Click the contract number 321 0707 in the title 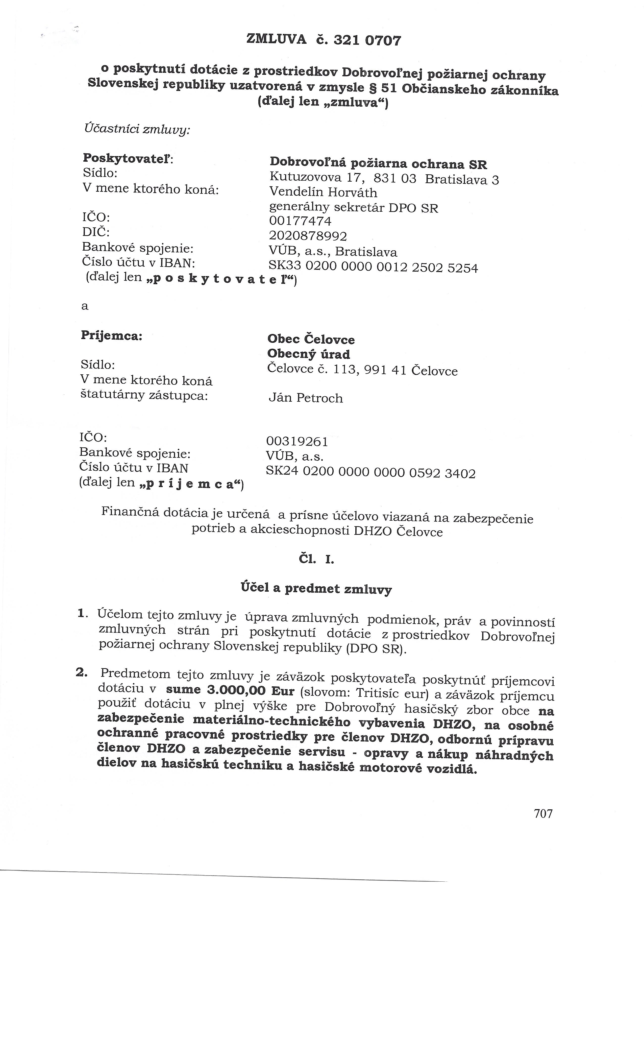click(367, 40)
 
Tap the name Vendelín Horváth click(323, 192)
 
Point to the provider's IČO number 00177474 click(300, 221)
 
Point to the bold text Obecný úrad click(308, 354)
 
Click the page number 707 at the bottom click(543, 813)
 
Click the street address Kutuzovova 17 click(317, 177)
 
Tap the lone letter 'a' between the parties click(85, 306)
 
